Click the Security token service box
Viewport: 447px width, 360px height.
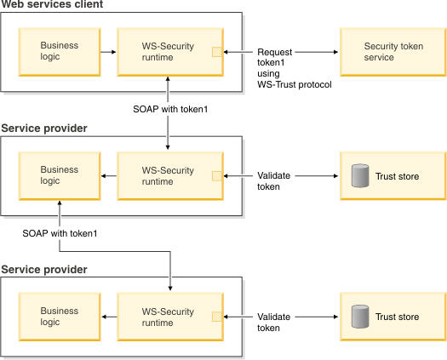[393, 52]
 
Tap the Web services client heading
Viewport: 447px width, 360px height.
[52, 4]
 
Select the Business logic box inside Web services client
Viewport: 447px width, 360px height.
[60, 52]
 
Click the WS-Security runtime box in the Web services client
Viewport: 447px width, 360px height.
[170, 52]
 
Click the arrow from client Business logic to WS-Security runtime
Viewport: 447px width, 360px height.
[108, 52]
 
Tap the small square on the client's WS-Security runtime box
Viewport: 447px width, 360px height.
[217, 52]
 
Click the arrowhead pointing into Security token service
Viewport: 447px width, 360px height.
[335, 52]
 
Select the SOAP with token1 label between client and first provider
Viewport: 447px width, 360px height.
[170, 109]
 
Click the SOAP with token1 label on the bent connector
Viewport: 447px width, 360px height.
[60, 233]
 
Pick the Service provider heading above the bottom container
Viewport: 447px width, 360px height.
[44, 269]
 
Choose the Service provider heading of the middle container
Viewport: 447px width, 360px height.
[44, 129]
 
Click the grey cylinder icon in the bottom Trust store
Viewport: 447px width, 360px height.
[360, 317]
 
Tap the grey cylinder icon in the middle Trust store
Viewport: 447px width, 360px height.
[360, 175]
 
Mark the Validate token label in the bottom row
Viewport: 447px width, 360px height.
[273, 322]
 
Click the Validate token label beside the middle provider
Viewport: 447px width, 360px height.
[273, 181]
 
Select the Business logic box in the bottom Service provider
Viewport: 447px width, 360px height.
[60, 317]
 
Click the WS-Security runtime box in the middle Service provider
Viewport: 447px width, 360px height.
[170, 176]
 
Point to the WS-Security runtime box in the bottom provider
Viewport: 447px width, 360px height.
[170, 317]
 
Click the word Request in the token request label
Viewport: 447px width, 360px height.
[274, 53]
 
